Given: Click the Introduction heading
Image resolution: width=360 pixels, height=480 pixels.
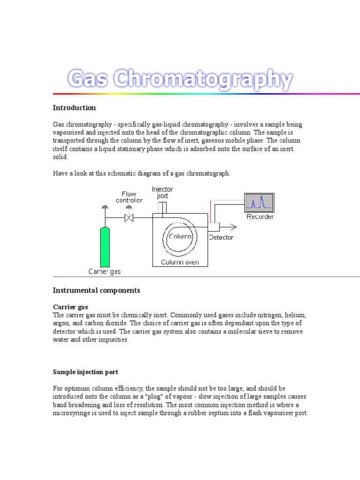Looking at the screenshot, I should pos(74,108).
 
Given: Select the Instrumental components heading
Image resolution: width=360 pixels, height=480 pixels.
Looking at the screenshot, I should pos(96,291).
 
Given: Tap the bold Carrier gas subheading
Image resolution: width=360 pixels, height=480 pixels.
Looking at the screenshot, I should pos(70,307).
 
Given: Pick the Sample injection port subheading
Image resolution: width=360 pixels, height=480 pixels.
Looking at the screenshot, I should pos(85,372).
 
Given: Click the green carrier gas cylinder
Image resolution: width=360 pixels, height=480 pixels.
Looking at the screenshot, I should pos(105,246).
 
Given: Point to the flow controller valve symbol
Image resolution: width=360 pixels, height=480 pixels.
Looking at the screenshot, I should pos(129,217).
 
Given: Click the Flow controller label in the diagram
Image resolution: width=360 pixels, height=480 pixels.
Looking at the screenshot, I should pos(129,197).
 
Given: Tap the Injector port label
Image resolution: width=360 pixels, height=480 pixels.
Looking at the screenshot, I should pos(162,193).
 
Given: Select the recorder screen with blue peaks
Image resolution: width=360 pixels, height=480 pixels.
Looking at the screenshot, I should pos(259,202).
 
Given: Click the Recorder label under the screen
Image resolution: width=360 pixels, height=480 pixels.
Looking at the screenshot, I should pos(260,217).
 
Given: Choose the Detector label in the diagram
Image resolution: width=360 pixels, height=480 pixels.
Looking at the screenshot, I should pos(221,237).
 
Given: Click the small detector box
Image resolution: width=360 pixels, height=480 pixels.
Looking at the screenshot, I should pos(214,227).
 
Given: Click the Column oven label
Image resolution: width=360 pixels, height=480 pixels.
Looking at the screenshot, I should pos(180,262).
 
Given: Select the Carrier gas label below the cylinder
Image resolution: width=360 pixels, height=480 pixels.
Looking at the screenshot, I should pos(105,271).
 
